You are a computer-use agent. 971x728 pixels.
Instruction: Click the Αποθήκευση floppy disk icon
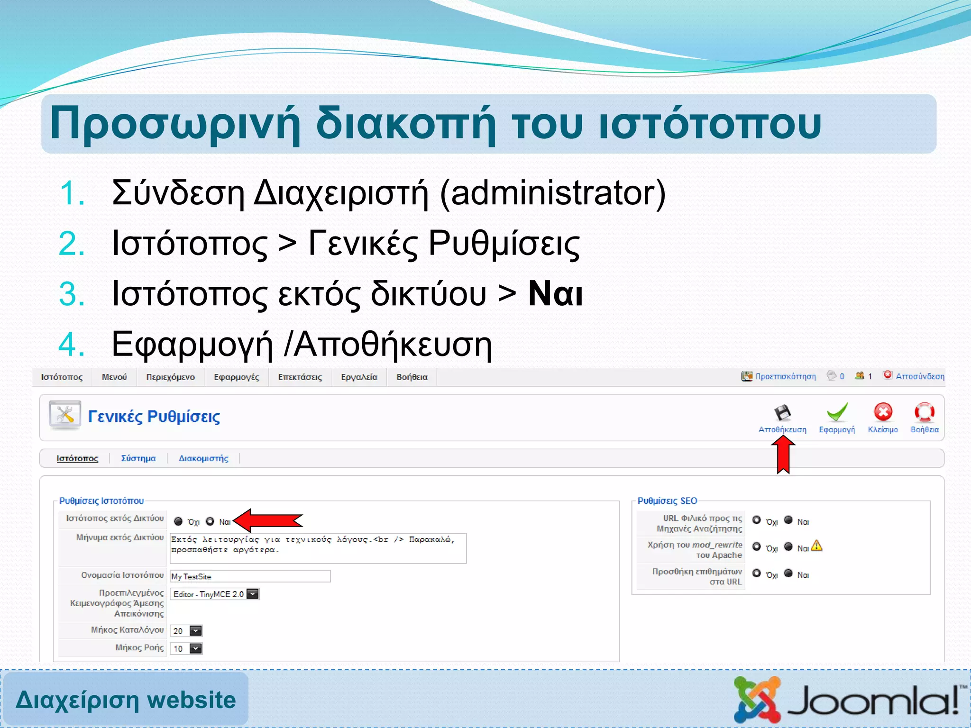(x=782, y=413)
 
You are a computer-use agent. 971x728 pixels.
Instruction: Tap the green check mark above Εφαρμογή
(x=837, y=412)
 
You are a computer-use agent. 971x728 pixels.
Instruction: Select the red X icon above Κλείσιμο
(x=883, y=412)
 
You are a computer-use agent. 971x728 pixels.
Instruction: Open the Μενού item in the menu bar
(x=114, y=377)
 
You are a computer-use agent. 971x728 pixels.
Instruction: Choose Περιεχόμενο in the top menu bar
(x=170, y=377)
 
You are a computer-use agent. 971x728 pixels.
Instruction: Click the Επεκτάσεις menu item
(x=300, y=377)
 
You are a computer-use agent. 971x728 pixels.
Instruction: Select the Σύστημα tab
(x=138, y=458)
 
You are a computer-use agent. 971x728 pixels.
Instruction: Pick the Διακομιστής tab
(x=203, y=458)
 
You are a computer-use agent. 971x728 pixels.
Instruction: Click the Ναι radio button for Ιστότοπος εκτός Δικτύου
(x=210, y=521)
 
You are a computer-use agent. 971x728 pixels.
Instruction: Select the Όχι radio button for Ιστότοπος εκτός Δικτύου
(x=178, y=521)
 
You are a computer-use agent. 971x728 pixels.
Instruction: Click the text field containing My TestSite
(x=250, y=576)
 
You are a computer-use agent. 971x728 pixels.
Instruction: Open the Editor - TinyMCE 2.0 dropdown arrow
(x=253, y=594)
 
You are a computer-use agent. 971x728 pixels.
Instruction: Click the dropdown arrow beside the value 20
(x=195, y=631)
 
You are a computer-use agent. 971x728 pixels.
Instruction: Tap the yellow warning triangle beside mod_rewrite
(x=816, y=546)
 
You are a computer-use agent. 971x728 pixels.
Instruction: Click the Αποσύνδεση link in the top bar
(x=919, y=376)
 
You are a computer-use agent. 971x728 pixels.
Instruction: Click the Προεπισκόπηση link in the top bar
(x=785, y=376)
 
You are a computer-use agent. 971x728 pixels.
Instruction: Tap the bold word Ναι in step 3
(x=555, y=294)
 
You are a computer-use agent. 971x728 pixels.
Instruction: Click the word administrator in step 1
(x=553, y=193)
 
